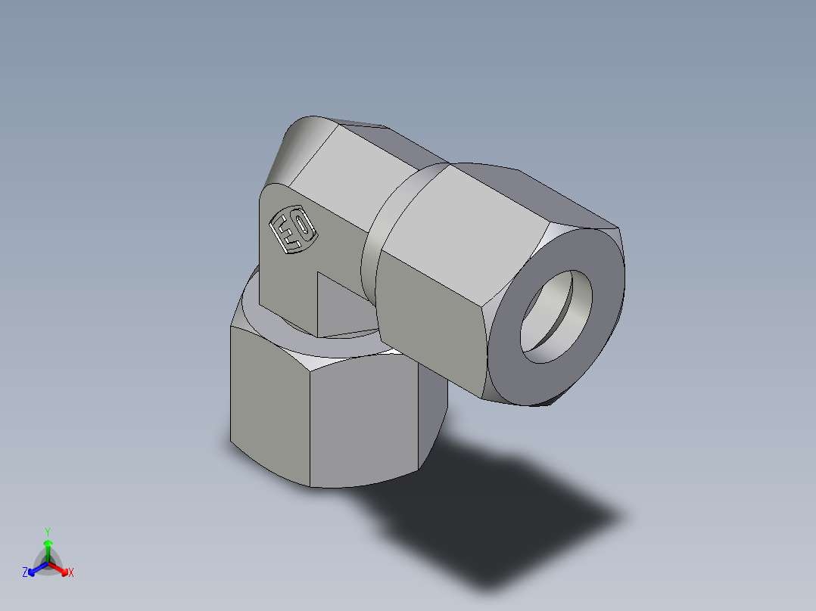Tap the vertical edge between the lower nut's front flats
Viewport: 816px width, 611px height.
point(310,423)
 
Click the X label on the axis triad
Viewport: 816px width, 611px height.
point(71,572)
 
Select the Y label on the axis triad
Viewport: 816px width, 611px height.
point(47,531)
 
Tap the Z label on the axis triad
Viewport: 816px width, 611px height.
point(25,572)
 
